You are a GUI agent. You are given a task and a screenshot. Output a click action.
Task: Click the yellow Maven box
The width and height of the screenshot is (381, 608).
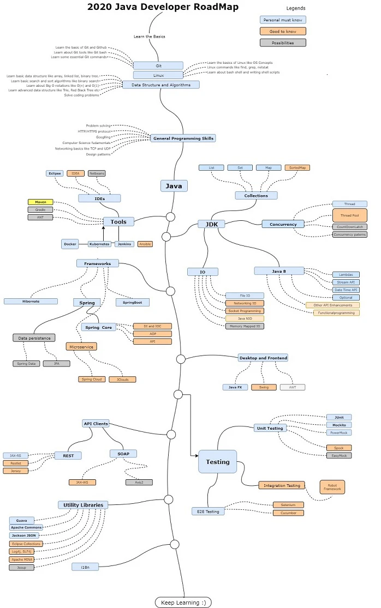(x=40, y=202)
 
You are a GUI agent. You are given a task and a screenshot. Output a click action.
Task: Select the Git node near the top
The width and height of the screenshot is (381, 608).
(x=158, y=65)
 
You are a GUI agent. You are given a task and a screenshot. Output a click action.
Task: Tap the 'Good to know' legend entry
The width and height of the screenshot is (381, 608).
(x=282, y=31)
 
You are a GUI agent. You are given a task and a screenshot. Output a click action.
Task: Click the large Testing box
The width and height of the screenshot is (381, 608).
(x=217, y=462)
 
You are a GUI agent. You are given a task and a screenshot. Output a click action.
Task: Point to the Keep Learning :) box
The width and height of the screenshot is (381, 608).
(x=183, y=602)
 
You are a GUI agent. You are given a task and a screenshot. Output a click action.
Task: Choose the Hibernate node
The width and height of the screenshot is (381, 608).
(x=31, y=301)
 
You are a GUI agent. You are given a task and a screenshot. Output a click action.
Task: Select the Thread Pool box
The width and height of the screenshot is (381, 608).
(x=350, y=215)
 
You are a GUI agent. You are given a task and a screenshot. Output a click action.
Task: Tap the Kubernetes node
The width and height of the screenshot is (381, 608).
(x=100, y=244)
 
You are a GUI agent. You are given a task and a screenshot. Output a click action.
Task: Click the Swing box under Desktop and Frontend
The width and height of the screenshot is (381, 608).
(x=264, y=387)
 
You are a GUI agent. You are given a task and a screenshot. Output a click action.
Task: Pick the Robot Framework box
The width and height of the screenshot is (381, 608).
(x=332, y=487)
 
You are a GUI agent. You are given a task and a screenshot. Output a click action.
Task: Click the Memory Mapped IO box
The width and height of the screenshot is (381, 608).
(x=245, y=326)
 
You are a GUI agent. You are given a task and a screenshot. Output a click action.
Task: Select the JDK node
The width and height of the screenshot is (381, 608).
(x=207, y=224)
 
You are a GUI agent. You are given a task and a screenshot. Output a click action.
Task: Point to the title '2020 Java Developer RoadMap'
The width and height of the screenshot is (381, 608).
(x=155, y=7)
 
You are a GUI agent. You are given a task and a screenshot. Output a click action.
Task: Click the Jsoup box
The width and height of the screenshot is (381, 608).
(x=21, y=567)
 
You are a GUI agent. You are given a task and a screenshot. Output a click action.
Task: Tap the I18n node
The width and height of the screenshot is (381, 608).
(x=85, y=567)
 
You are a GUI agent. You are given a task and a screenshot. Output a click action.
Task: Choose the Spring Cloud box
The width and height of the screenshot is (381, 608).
(x=91, y=379)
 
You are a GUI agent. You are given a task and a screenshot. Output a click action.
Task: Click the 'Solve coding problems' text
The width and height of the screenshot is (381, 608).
(x=81, y=95)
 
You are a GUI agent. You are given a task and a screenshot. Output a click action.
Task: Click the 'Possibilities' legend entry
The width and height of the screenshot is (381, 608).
(x=282, y=43)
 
